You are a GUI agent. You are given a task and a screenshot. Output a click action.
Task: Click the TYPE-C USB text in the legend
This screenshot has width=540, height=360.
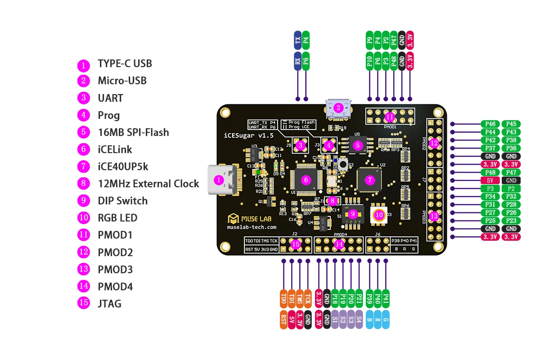[x=125, y=63]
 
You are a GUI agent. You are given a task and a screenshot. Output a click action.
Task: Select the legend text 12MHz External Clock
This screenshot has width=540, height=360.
[x=148, y=184]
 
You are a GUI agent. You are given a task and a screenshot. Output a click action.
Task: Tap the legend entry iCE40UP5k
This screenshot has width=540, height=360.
[x=123, y=166]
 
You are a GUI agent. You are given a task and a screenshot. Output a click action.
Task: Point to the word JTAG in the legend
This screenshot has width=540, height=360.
[x=109, y=303]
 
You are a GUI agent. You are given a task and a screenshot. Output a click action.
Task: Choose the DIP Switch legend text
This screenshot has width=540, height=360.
[x=122, y=201]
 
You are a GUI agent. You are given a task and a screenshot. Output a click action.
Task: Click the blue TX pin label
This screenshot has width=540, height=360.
[x=297, y=40]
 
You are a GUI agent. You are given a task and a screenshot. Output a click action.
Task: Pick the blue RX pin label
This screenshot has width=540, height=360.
[x=297, y=61]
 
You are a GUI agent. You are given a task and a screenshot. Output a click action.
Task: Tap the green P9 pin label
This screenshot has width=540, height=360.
[x=369, y=40]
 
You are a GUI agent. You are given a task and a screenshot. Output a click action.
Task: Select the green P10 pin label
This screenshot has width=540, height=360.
[x=369, y=61]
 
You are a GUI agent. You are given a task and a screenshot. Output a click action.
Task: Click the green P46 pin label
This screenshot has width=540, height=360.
[x=490, y=124]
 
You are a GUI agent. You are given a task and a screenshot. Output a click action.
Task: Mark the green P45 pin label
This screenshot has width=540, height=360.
[x=511, y=124]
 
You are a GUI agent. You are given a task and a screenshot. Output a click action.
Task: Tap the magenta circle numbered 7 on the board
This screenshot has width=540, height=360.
[x=370, y=180]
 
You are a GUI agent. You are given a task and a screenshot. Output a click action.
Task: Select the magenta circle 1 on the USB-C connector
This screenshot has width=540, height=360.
[x=219, y=180]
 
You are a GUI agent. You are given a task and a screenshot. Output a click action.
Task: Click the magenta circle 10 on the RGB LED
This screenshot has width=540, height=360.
[x=379, y=215]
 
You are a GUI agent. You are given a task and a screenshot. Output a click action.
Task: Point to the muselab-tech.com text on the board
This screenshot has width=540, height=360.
[x=252, y=228]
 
